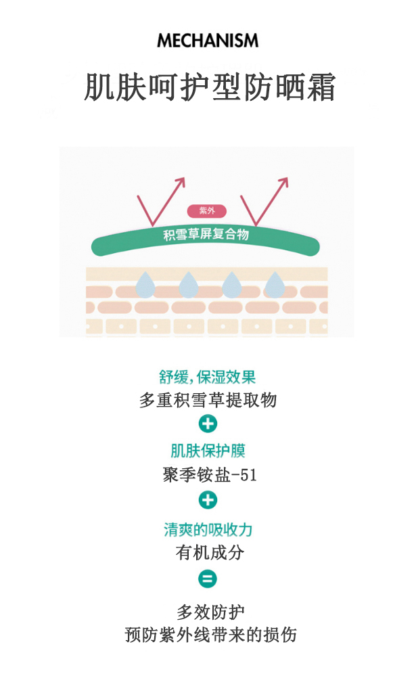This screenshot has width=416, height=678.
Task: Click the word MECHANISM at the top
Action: click(x=208, y=41)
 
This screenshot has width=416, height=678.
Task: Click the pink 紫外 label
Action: click(x=206, y=211)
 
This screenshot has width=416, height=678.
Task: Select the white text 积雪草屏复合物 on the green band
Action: click(x=206, y=235)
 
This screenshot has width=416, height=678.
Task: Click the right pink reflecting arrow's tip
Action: click(x=287, y=179)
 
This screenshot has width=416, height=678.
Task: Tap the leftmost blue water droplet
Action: click(x=145, y=285)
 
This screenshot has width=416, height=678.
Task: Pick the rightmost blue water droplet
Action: click(x=273, y=285)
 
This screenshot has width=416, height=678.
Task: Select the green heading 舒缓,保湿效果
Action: click(x=208, y=377)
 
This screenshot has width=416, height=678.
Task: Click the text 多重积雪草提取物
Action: click(x=208, y=400)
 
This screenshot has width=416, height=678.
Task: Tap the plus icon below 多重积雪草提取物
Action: click(x=208, y=424)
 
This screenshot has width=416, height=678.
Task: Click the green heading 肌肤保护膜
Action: click(x=208, y=451)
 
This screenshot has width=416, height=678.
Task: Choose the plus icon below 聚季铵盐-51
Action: click(x=208, y=501)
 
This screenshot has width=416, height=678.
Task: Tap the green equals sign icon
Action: click(x=208, y=579)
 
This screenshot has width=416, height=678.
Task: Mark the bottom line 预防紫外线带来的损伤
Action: click(x=210, y=635)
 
